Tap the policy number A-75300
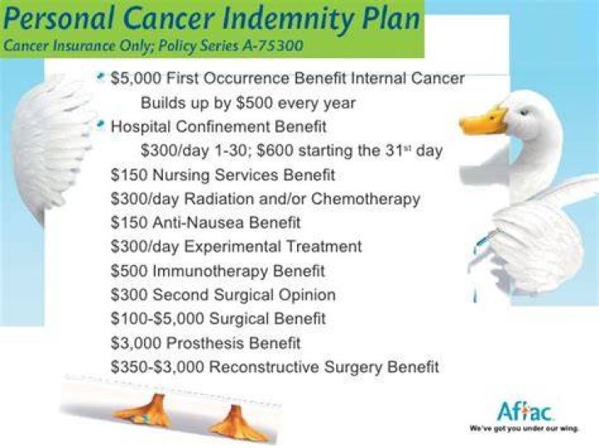272,46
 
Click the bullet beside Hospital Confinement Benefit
101,125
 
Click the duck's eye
525,112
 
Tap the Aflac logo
525,411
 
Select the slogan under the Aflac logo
524,429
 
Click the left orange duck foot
144,412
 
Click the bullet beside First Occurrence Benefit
101,76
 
